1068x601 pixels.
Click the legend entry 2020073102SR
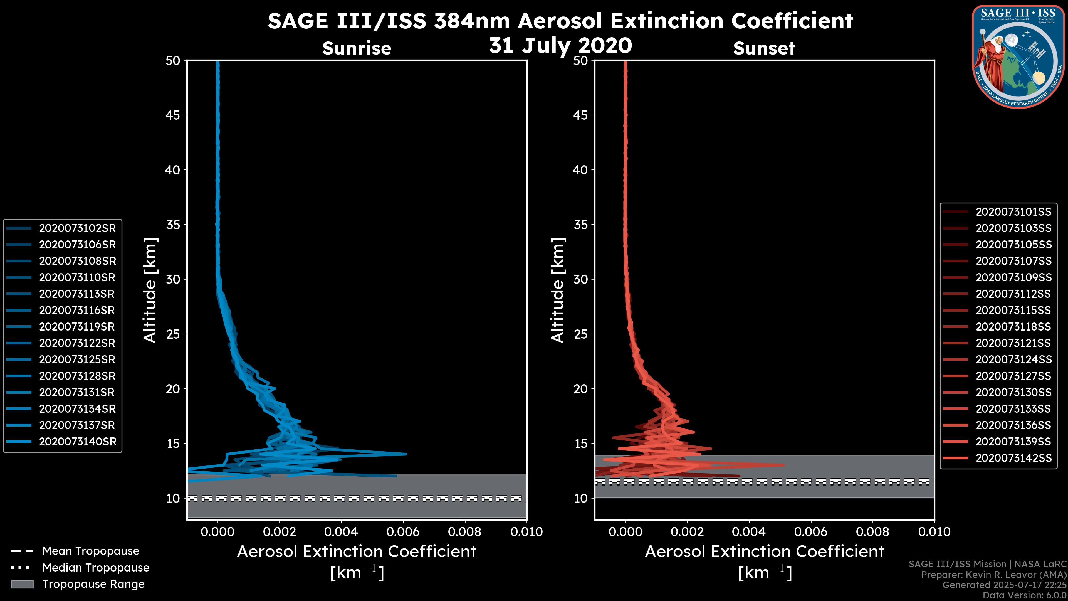[x=77, y=228]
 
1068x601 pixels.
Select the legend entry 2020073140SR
[x=77, y=442]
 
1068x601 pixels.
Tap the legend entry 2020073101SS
[x=1013, y=212]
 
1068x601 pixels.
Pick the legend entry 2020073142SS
[x=1013, y=458]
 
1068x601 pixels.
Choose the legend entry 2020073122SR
[x=77, y=343]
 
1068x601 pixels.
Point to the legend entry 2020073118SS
[x=1013, y=327]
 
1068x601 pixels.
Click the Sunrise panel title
[x=357, y=48]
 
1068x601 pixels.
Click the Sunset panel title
[x=764, y=48]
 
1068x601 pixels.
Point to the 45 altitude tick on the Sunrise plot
[x=173, y=115]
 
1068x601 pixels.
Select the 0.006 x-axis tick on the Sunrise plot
[x=402, y=532]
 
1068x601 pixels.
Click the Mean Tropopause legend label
[x=90, y=551]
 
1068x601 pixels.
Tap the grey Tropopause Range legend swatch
[x=22, y=584]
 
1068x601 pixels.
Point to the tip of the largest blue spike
[x=406, y=454]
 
